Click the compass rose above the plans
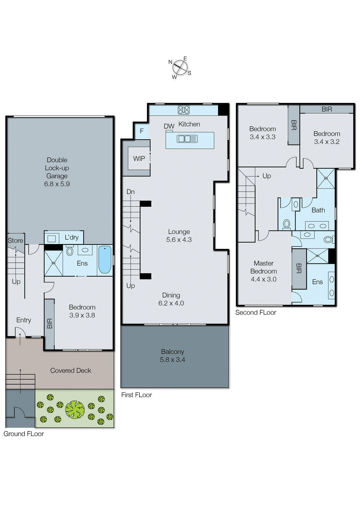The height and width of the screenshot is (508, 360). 180,67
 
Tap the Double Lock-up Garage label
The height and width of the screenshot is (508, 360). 57,172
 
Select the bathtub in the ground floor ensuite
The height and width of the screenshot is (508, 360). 105,260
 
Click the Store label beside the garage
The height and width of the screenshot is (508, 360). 15,240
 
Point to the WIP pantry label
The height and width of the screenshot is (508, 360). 139,158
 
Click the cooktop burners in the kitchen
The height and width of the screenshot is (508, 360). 184,110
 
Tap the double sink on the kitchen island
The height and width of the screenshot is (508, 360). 187,139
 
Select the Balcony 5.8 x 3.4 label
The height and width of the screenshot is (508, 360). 172,356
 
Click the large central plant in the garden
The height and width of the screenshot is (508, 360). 75,410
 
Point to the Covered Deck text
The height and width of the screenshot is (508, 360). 71,371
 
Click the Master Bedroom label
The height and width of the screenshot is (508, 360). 263,271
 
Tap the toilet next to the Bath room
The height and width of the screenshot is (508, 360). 286,224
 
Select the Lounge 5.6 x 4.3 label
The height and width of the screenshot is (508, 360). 179,236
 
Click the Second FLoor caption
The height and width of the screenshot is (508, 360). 255,312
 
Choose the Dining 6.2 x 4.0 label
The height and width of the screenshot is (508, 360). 171,299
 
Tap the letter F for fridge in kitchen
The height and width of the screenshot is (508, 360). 142,131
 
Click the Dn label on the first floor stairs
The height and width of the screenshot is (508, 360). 131,192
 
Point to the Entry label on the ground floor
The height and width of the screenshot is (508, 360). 24,320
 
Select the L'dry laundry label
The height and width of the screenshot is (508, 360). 71,237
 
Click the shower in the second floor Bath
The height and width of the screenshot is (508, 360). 326,178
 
